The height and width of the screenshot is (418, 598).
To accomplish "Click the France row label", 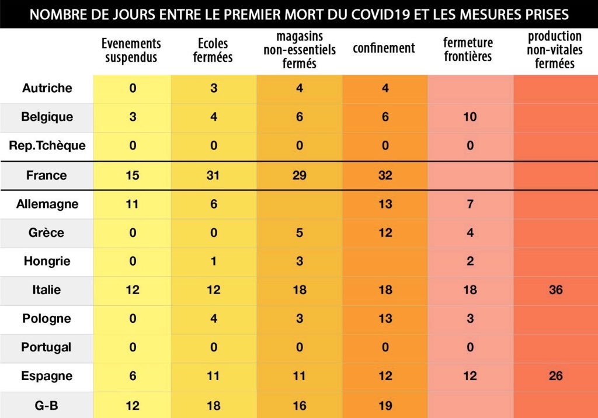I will click(x=47, y=175).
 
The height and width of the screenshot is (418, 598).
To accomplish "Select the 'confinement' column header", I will click(x=384, y=48).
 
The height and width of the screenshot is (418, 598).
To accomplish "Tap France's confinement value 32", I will click(x=385, y=175).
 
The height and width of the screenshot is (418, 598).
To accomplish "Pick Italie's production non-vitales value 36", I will click(x=555, y=290).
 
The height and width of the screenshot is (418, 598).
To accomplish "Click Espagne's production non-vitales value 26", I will click(x=555, y=376).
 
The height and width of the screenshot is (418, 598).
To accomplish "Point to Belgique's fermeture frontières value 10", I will click(x=470, y=117).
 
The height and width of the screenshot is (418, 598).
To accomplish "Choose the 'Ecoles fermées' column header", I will click(x=213, y=50).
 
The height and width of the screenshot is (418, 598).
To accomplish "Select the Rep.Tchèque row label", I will click(x=47, y=145).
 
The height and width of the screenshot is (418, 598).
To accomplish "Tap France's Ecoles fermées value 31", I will click(x=213, y=175).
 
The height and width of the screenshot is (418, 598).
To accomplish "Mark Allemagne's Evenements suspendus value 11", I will click(x=133, y=204).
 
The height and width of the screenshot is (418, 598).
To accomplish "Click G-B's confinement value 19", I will click(x=385, y=405).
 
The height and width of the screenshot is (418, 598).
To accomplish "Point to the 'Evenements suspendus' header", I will click(x=131, y=50).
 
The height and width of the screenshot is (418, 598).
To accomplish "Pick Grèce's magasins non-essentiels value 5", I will click(x=299, y=233).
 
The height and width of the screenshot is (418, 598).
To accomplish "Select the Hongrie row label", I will click(x=47, y=261).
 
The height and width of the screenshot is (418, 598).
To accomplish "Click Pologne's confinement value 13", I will click(x=385, y=319).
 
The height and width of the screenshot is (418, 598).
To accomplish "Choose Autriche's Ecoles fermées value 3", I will click(x=213, y=88).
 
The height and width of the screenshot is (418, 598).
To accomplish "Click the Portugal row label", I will click(x=47, y=347).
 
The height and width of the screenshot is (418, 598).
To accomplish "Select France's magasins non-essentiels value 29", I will click(x=299, y=175).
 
